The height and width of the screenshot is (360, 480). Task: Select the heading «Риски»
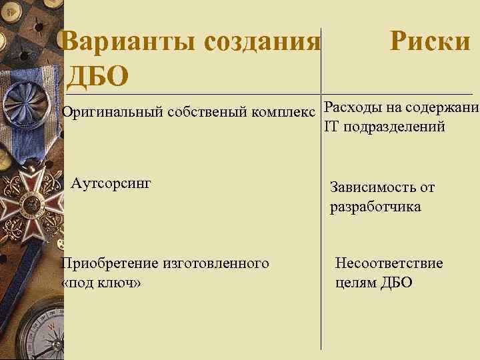[x=430, y=42]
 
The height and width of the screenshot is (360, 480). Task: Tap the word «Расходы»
[x=350, y=107]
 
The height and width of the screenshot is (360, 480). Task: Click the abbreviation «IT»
[x=331, y=127]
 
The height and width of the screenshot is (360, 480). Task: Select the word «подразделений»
[x=393, y=127]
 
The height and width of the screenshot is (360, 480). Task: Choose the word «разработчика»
[x=375, y=207]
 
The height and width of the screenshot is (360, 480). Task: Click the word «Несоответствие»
[x=389, y=263]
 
